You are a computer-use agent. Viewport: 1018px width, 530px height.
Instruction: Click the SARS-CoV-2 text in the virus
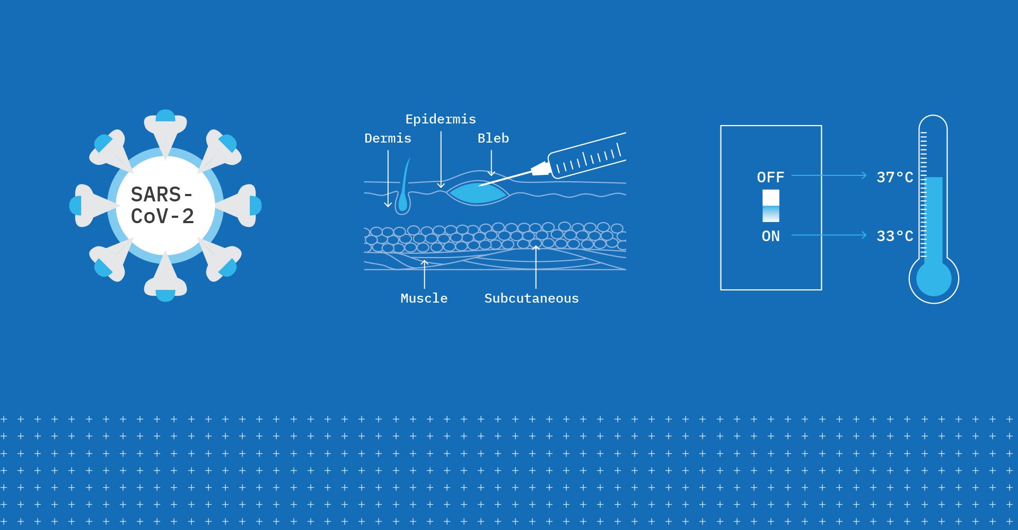click(162, 205)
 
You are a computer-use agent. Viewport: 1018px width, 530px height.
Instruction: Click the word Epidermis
click(441, 119)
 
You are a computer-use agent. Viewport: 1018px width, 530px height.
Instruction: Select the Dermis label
click(388, 138)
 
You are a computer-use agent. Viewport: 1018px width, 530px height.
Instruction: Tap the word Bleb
click(493, 138)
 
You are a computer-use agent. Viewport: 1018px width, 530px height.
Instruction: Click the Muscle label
click(424, 298)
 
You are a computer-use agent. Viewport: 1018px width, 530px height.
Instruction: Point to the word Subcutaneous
click(531, 298)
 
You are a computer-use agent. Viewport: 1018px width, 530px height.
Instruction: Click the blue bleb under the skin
click(477, 193)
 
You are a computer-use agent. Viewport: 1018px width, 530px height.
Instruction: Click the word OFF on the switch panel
click(770, 177)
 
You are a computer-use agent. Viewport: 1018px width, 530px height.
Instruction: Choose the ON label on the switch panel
click(770, 236)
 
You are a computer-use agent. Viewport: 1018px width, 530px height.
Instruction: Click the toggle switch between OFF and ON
click(771, 206)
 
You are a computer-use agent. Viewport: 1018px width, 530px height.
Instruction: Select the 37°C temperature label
click(895, 177)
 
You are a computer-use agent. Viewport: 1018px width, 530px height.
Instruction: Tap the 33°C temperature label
click(895, 236)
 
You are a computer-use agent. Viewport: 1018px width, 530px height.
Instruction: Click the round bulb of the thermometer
click(934, 279)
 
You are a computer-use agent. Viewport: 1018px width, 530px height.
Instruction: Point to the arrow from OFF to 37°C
click(829, 175)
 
